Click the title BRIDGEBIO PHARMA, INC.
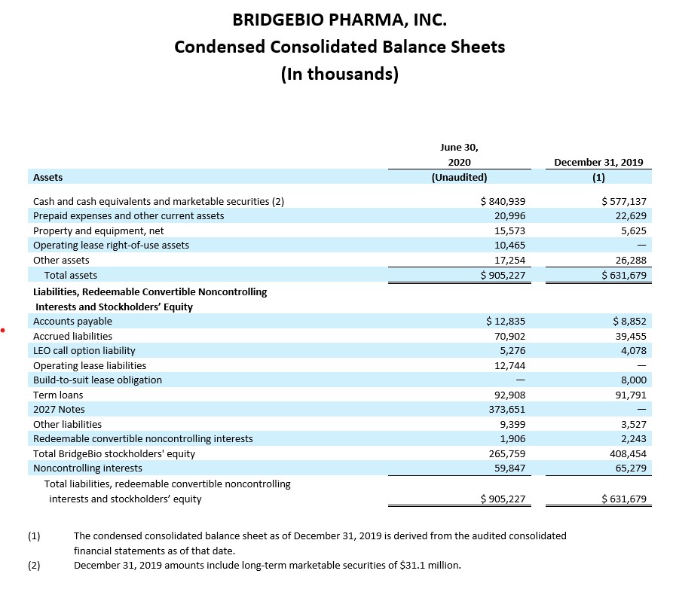[339, 20]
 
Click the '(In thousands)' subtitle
[340, 74]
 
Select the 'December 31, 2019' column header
[598, 162]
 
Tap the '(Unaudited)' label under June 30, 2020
[459, 177]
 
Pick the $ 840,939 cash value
[503, 201]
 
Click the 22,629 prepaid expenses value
[631, 215]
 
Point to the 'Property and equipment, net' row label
[98, 230]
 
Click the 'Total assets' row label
[70, 275]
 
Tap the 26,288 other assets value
[631, 260]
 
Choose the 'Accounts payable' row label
[72, 322]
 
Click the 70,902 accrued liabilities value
[509, 337]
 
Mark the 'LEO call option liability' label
[84, 351]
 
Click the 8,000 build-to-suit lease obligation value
[634, 380]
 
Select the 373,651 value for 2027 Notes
[507, 410]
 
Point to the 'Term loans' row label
[58, 395]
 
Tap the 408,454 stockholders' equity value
[628, 454]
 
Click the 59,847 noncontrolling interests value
[509, 468]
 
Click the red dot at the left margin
[2, 330]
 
